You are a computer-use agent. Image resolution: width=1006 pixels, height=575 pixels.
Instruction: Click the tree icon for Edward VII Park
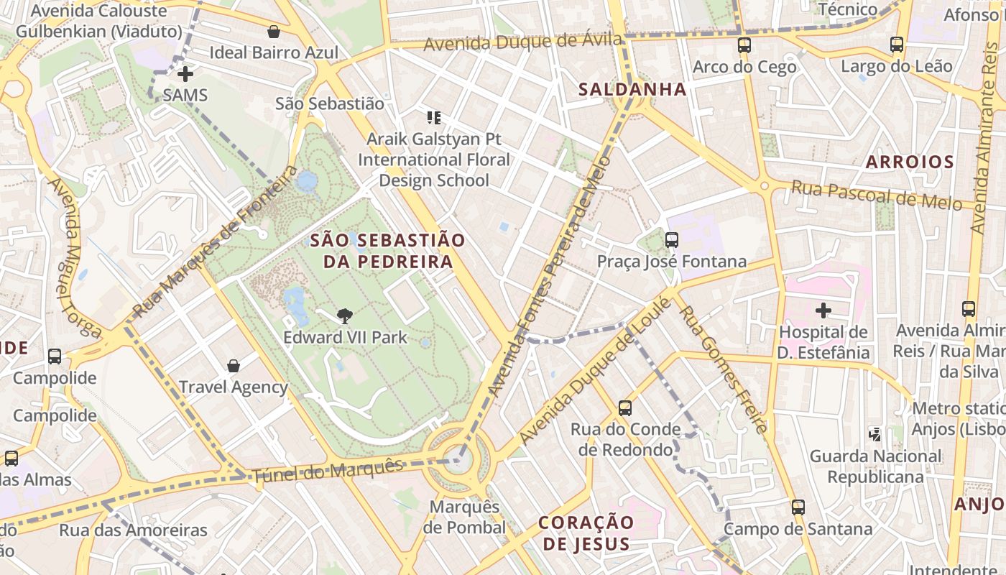point(345,316)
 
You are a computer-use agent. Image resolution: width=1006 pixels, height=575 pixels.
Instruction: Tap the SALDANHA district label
point(632,90)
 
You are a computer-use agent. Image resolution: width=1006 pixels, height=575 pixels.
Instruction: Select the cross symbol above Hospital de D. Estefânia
point(823,310)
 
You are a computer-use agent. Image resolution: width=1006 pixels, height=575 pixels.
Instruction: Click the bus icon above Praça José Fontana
point(672,240)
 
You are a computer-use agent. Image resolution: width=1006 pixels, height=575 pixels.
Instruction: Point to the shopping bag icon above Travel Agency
point(234,366)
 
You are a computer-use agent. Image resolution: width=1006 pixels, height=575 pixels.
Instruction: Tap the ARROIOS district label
point(910,162)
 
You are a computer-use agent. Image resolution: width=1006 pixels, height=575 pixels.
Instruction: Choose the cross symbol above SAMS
point(185,73)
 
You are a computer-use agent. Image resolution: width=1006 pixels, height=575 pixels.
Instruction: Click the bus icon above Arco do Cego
point(744,45)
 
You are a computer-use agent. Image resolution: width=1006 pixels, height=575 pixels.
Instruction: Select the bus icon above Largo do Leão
point(897,45)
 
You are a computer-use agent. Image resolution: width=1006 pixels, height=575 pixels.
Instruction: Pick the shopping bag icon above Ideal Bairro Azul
point(274,32)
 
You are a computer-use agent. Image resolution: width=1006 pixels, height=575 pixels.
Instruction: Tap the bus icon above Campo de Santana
point(798,507)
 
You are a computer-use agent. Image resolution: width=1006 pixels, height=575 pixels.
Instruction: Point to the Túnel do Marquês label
point(328,470)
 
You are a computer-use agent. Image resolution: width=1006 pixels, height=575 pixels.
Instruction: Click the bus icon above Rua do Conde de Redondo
point(625,408)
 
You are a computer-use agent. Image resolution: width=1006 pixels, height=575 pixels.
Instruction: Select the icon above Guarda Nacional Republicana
point(875,434)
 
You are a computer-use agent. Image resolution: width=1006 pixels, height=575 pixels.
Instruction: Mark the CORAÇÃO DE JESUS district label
point(586,533)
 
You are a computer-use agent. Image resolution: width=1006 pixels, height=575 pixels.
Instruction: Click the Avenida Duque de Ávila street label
point(522,42)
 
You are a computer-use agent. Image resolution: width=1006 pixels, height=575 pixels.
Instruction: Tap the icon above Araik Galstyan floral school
point(434,117)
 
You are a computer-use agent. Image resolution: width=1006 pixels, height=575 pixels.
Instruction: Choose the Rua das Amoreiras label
point(133,530)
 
